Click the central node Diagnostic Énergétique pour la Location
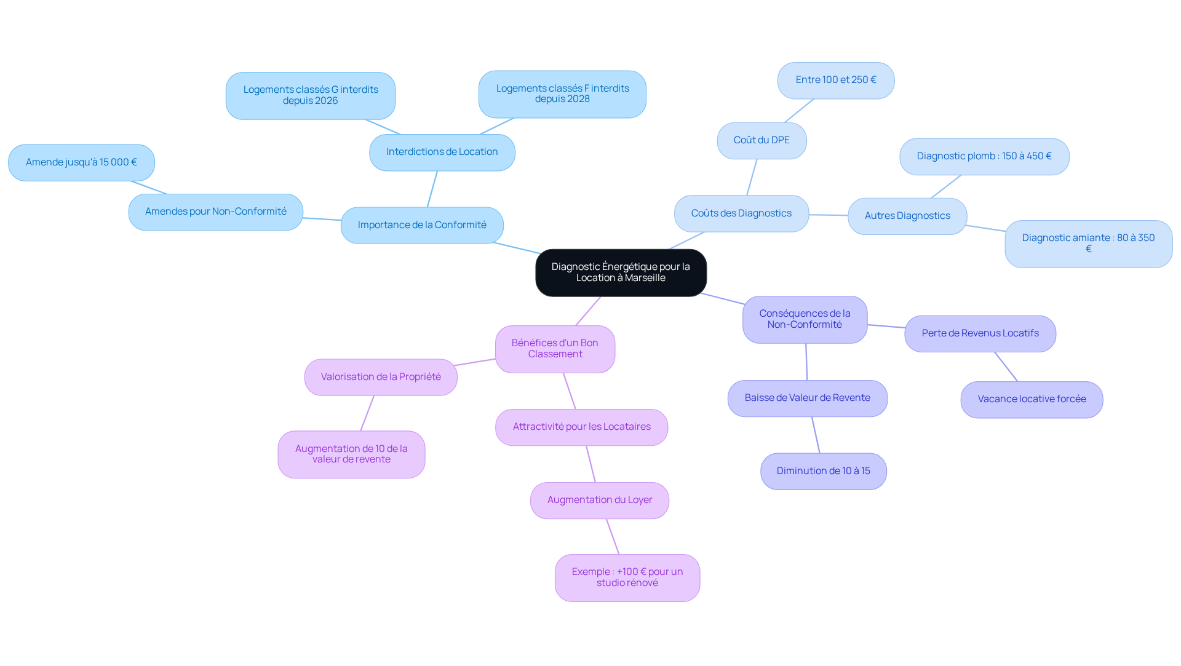click(x=621, y=272)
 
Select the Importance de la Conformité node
click(x=422, y=225)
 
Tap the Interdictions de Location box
click(x=442, y=153)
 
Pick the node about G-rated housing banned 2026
click(x=311, y=95)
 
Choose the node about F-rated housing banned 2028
click(x=562, y=94)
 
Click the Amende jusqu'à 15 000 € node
click(x=81, y=162)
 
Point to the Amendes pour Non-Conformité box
click(x=216, y=212)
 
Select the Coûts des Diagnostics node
click(x=741, y=213)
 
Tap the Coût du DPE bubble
click(x=761, y=141)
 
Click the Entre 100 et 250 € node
click(x=836, y=81)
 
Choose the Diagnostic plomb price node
click(x=984, y=157)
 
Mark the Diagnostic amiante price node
click(x=1089, y=244)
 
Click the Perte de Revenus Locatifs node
click(x=980, y=334)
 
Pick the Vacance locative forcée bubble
click(x=1032, y=400)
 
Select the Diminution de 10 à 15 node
click(x=824, y=472)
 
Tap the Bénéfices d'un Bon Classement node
click(x=555, y=349)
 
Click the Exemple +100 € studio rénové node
click(x=627, y=578)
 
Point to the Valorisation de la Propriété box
click(x=381, y=378)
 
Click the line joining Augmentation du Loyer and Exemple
click(x=613, y=537)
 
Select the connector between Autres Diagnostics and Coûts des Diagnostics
click(x=829, y=215)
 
